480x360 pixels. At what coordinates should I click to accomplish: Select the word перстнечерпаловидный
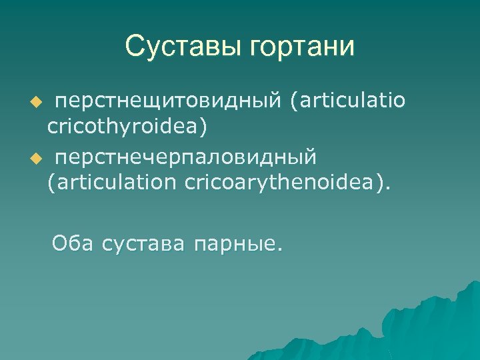[x=186, y=159]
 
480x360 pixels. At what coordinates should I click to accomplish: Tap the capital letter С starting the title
[x=135, y=47]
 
